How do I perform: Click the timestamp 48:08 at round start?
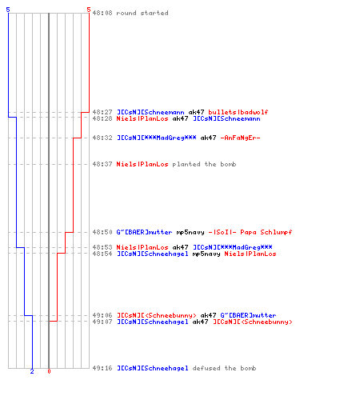pos(102,13)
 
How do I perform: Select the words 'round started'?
pos(142,13)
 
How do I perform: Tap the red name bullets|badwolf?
pos(238,112)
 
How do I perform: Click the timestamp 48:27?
pos(102,112)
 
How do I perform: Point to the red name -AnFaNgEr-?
pos(240,138)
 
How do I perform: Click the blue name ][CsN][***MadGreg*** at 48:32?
pos(157,138)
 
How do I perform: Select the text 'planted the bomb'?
pos(204,164)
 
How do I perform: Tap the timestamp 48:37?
pos(102,164)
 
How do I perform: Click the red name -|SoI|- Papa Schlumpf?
pos(250,232)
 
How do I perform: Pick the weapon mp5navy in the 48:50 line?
pos(190,232)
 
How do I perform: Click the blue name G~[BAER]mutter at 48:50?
pos(144,232)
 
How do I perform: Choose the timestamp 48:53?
pos(102,247)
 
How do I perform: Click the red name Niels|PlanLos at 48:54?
pos(250,254)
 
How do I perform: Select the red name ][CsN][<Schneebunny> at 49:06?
pos(157,315)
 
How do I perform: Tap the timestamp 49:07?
pos(102,322)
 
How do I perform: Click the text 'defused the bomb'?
pos(224,368)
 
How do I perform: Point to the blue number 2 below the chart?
pos(32,371)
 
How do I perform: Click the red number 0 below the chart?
pos(49,371)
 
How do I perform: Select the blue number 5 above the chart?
pos(8,10)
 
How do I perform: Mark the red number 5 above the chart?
pos(89,10)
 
